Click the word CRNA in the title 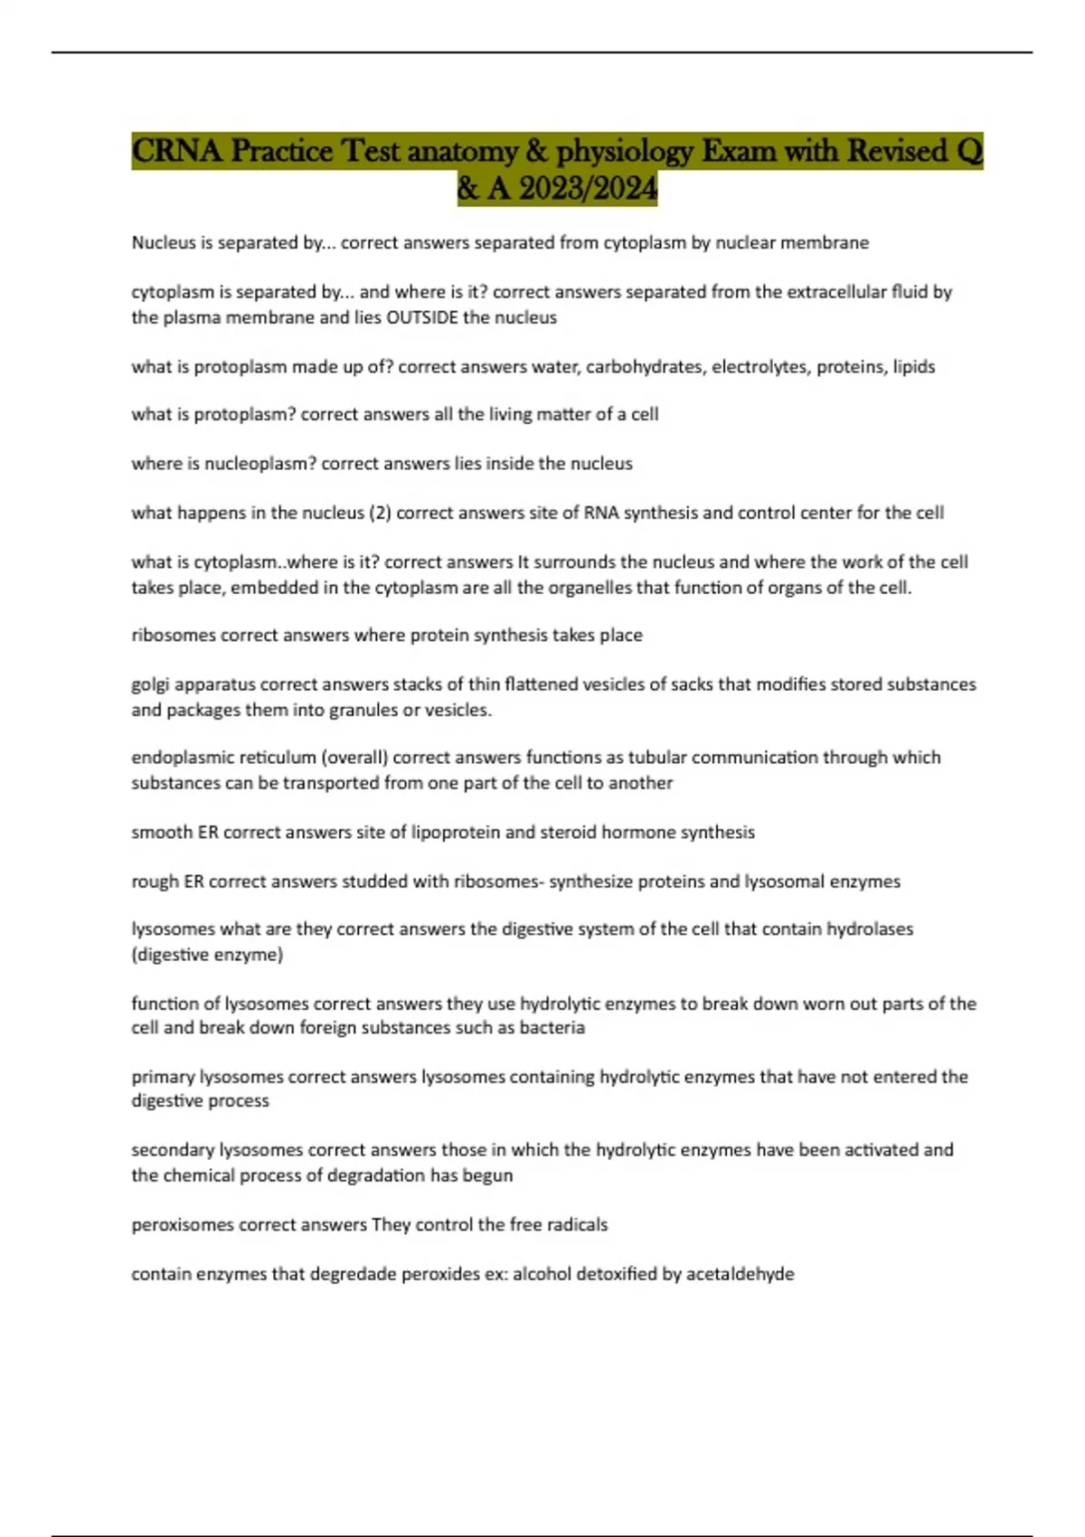[x=177, y=151]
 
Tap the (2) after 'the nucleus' [x=379, y=513]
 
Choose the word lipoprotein [x=456, y=832]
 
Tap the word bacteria [x=552, y=1028]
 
